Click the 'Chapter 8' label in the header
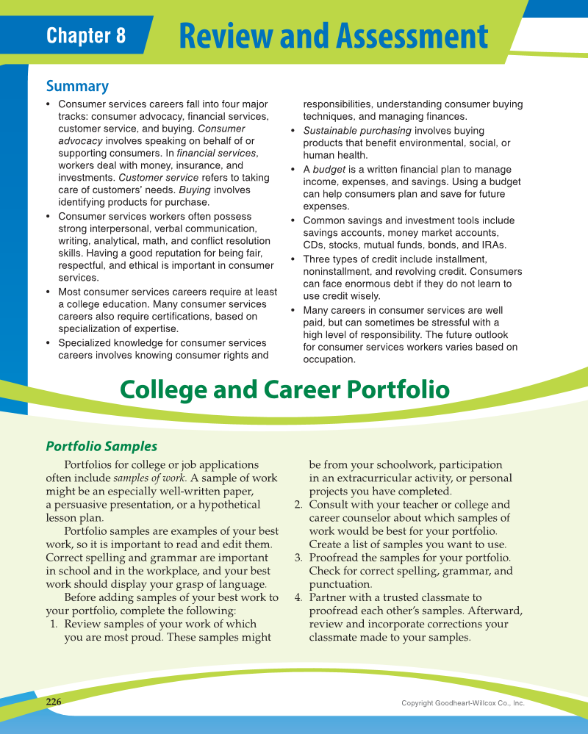tap(85, 35)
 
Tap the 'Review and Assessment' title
tap(333, 35)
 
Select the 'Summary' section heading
tap(77, 86)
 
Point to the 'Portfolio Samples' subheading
tap(101, 446)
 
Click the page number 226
tap(54, 702)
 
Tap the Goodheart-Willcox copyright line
tap(462, 703)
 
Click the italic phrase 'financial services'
tap(217, 153)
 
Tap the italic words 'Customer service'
tap(158, 178)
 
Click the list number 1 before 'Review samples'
tap(54, 624)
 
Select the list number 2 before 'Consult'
tap(298, 505)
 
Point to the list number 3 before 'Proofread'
tap(298, 558)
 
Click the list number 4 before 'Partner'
tap(298, 597)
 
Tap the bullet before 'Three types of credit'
tap(293, 259)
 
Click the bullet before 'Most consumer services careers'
tap(49, 292)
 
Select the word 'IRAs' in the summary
tap(494, 245)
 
